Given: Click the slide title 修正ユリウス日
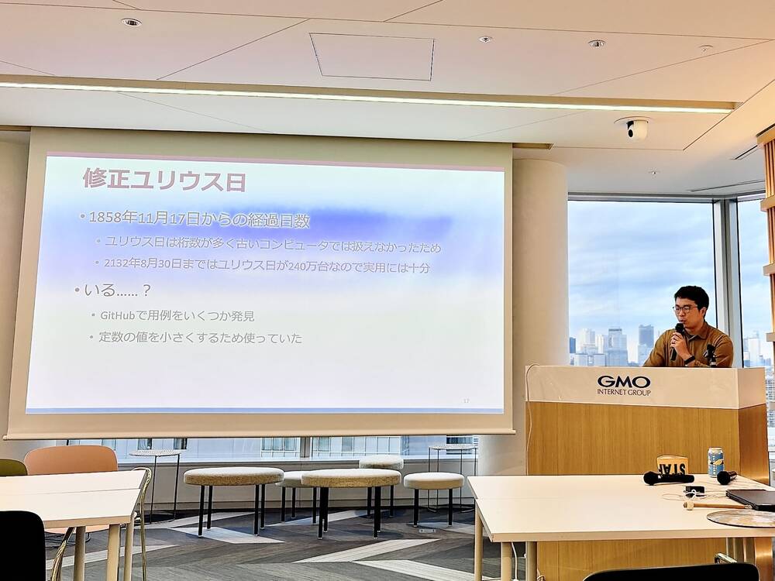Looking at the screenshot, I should [164, 180].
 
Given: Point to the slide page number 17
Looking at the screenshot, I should [466, 400].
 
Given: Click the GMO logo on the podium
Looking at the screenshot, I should [623, 381].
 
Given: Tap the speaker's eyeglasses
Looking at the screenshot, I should [685, 309].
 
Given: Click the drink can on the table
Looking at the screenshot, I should [715, 461].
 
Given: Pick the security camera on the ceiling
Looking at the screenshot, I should [635, 129].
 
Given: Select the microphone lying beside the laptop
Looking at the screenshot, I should [726, 477].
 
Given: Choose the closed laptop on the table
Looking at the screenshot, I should [750, 499].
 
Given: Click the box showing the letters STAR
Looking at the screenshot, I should [672, 464].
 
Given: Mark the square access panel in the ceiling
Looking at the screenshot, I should [373, 56].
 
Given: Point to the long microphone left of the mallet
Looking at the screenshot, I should [667, 479].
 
